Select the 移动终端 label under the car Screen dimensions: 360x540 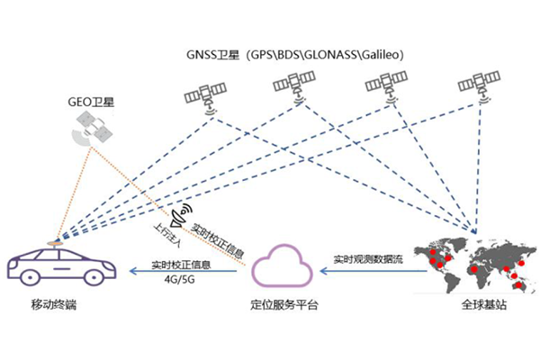pyautogui.click(x=55, y=306)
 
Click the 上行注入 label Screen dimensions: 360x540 pyautogui.click(x=165, y=237)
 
